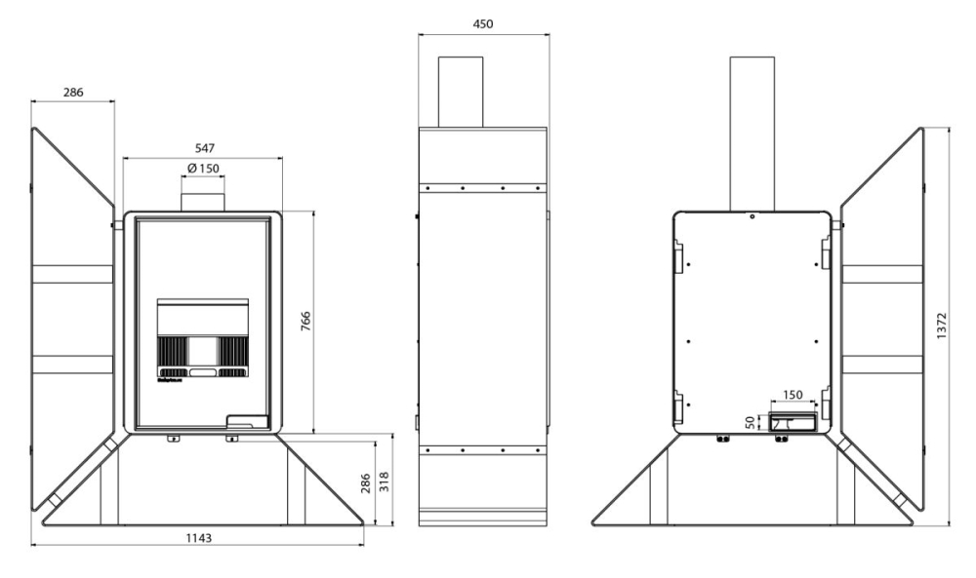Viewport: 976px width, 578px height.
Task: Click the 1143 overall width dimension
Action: coord(198,538)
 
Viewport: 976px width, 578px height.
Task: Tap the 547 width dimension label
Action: coord(205,148)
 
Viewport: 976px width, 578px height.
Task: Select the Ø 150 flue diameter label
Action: coord(203,169)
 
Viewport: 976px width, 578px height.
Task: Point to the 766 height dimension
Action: coord(305,322)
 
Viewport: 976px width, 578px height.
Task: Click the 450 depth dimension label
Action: coord(483,24)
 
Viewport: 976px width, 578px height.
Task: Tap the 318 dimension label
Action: coord(384,482)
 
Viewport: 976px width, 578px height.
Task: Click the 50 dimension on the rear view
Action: coord(751,423)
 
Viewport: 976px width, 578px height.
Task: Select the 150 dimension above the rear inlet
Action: coord(793,396)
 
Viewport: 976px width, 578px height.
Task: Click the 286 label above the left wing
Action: coord(73,93)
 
